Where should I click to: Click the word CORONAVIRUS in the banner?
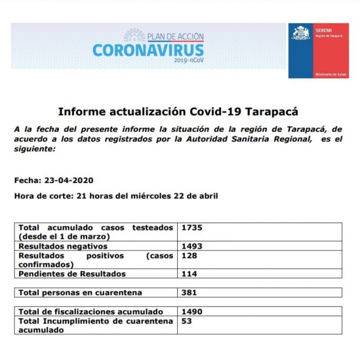pyautogui.click(x=148, y=49)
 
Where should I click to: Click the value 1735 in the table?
pyautogui.click(x=192, y=228)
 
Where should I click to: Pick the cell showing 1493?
pyautogui.click(x=192, y=246)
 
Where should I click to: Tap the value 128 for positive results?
pyautogui.click(x=189, y=255)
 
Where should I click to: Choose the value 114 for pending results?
pyautogui.click(x=189, y=273)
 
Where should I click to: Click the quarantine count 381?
pyautogui.click(x=189, y=293)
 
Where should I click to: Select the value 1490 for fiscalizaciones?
pyautogui.click(x=192, y=312)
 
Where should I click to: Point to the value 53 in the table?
pyautogui.click(x=187, y=321)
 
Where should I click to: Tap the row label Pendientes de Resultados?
pyautogui.click(x=72, y=273)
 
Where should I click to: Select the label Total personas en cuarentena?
pyautogui.click(x=80, y=293)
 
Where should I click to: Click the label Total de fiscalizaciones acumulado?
pyautogui.click(x=91, y=312)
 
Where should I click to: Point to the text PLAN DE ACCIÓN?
pyautogui.click(x=175, y=37)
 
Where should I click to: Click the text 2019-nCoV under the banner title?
pyautogui.click(x=189, y=60)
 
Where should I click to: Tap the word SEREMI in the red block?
pyautogui.click(x=323, y=29)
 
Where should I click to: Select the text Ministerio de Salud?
pyautogui.click(x=330, y=75)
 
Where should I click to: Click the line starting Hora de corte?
pyautogui.click(x=116, y=196)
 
